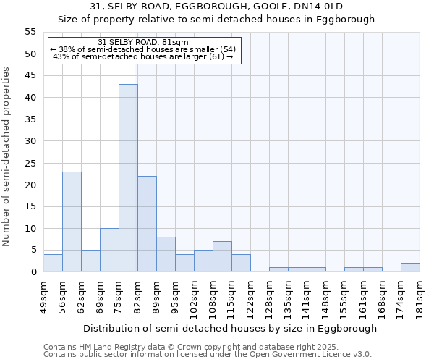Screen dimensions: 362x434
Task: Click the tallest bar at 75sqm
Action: [128, 178]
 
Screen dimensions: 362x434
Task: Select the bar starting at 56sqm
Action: [72, 222]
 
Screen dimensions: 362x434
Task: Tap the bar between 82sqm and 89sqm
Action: [147, 224]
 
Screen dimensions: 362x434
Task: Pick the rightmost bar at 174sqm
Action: [410, 267]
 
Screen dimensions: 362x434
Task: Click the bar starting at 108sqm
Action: [222, 256]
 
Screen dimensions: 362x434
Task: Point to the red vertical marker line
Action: [135, 181]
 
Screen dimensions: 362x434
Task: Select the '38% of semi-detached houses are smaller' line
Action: [142, 49]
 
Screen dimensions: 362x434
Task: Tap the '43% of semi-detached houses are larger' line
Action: [142, 56]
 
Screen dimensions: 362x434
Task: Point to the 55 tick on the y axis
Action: [30, 32]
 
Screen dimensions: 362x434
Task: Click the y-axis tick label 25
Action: [30, 163]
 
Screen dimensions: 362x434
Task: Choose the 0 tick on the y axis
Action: [33, 272]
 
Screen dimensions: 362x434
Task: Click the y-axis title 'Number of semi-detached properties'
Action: [7, 156]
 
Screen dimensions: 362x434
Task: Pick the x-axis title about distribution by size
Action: [230, 328]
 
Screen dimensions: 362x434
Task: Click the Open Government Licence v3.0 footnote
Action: [207, 354]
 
